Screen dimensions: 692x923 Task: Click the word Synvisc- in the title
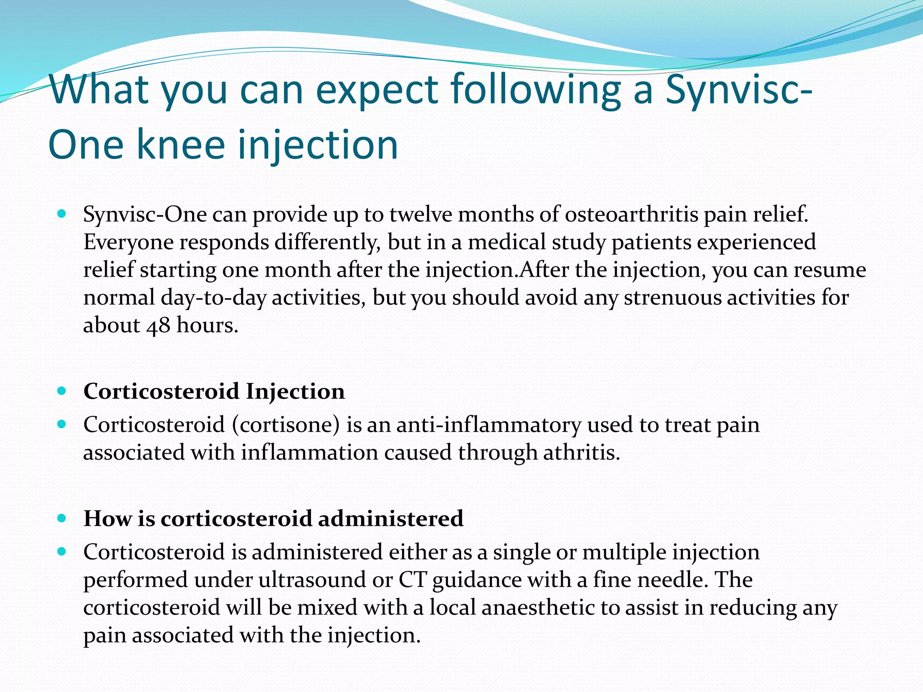tap(739, 90)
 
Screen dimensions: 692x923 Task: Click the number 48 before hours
tap(158, 325)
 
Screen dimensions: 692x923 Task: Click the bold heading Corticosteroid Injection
tap(214, 391)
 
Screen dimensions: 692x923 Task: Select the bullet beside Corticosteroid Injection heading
tap(62, 391)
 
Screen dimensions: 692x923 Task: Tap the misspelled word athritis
tap(581, 452)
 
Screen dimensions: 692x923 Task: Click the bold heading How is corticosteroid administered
tap(273, 518)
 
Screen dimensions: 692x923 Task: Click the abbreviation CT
tap(412, 580)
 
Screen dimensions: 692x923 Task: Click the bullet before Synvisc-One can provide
tap(62, 214)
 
